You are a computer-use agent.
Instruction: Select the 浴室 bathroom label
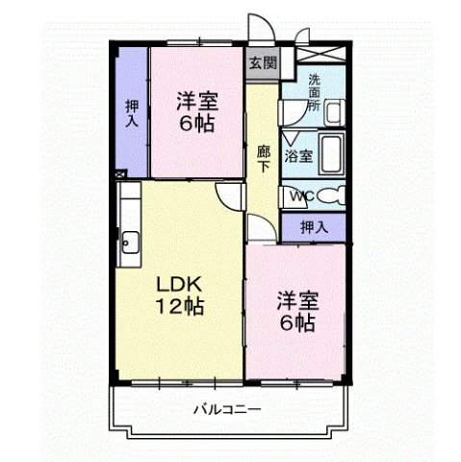[297, 155]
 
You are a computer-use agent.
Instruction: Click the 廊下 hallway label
[263, 158]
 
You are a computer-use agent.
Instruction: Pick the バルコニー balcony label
[227, 409]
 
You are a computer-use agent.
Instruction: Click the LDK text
[181, 287]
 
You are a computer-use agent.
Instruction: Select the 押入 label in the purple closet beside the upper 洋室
[131, 113]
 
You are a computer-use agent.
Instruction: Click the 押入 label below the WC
[314, 227]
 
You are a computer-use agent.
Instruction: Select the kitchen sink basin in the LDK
[130, 241]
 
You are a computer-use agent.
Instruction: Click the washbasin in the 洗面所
[334, 113]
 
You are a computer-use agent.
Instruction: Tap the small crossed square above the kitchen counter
[120, 174]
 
